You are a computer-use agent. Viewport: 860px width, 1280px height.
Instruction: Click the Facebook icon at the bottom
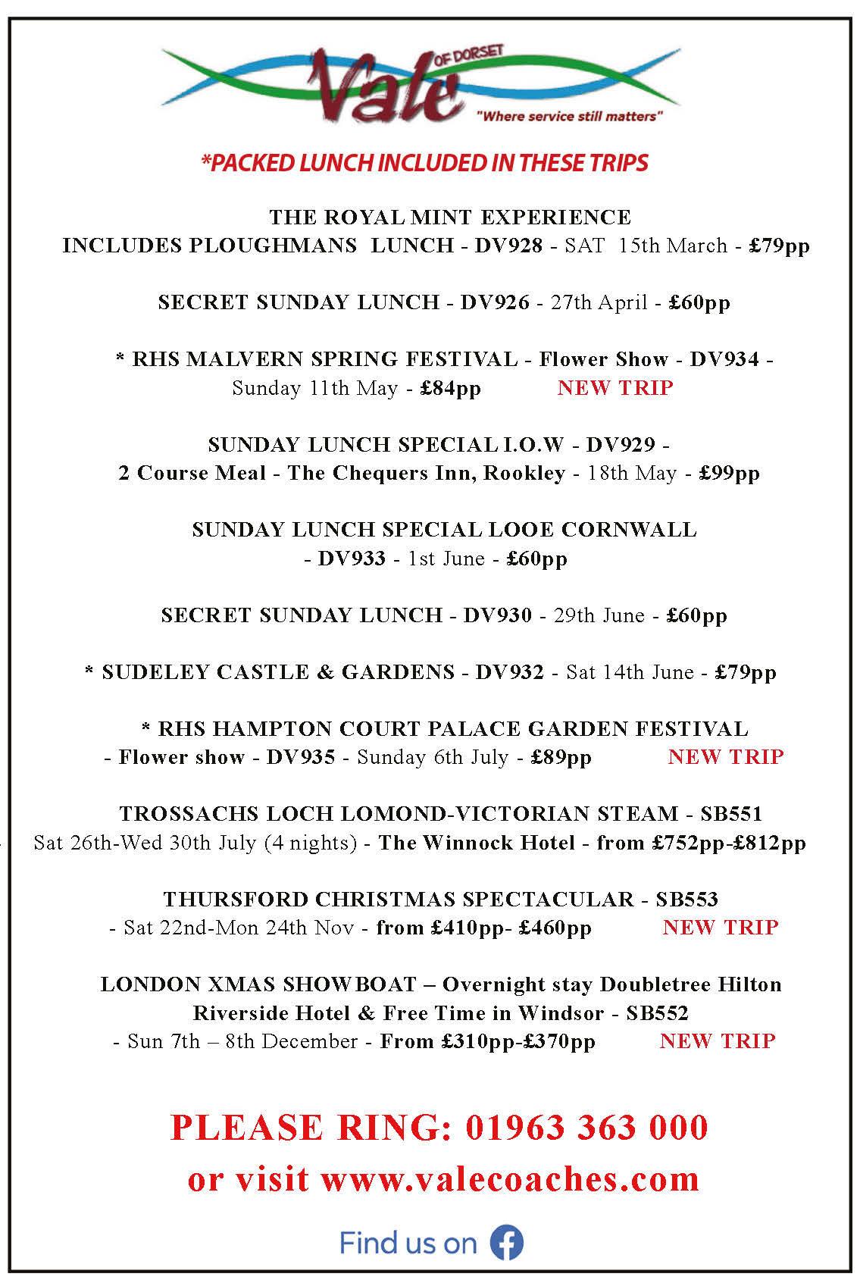[x=507, y=1243]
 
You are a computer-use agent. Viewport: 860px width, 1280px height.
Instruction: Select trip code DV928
[x=508, y=246]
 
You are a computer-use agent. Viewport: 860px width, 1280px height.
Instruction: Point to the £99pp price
[x=729, y=473]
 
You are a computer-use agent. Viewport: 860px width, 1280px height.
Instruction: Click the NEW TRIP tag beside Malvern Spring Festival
[x=615, y=388]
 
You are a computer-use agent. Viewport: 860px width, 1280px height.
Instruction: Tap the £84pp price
[x=451, y=388]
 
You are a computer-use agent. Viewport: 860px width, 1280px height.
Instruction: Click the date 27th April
[x=599, y=302]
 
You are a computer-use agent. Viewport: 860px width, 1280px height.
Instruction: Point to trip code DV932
[x=509, y=672]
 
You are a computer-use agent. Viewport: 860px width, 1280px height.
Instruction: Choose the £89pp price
[x=561, y=757]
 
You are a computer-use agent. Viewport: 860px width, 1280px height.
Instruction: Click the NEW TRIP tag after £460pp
[x=721, y=928]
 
